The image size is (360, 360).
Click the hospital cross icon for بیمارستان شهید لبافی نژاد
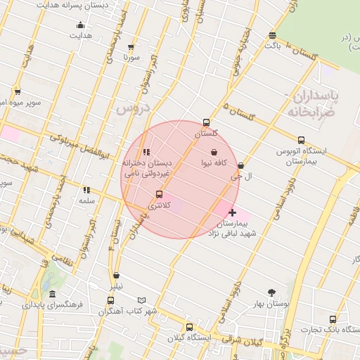click(x=232, y=212)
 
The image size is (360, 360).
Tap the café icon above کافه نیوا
click(x=214, y=152)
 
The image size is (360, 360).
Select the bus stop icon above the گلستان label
click(x=206, y=122)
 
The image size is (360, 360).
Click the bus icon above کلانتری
click(x=159, y=194)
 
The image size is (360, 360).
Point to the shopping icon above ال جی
click(x=241, y=166)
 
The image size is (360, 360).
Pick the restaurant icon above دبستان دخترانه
click(x=146, y=152)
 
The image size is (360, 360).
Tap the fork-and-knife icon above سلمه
click(x=86, y=190)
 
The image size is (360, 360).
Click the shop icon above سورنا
click(x=131, y=47)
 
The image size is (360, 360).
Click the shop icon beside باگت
click(x=272, y=35)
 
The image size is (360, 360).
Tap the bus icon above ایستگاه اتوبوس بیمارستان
click(x=302, y=140)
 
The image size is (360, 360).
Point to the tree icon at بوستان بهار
click(x=272, y=292)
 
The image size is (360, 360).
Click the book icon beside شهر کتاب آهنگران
click(x=142, y=300)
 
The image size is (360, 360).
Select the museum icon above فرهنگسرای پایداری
click(x=53, y=295)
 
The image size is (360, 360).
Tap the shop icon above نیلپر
click(x=116, y=276)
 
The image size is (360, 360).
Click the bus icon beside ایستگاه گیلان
click(x=189, y=327)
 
